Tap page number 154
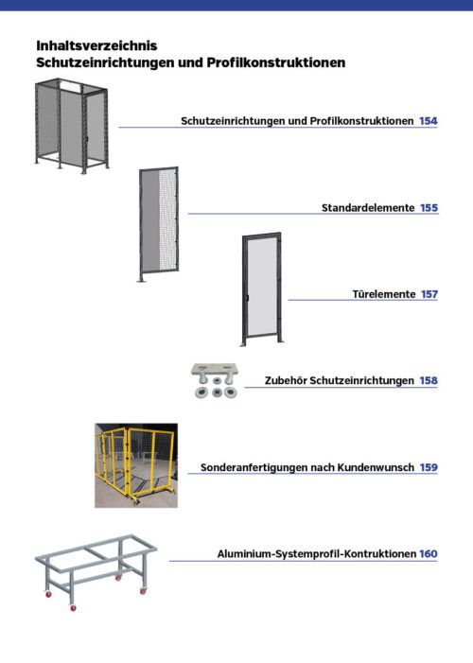pos(428,122)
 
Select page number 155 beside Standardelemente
pos(429,207)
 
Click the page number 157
pos(429,294)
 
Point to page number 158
pos(429,380)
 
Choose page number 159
pos(429,467)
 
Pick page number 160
pos(429,553)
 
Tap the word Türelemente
pos(383,294)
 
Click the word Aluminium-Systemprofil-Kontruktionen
pos(316,553)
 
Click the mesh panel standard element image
pos(158,224)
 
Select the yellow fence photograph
pos(135,464)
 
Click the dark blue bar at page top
pos(236,5)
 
